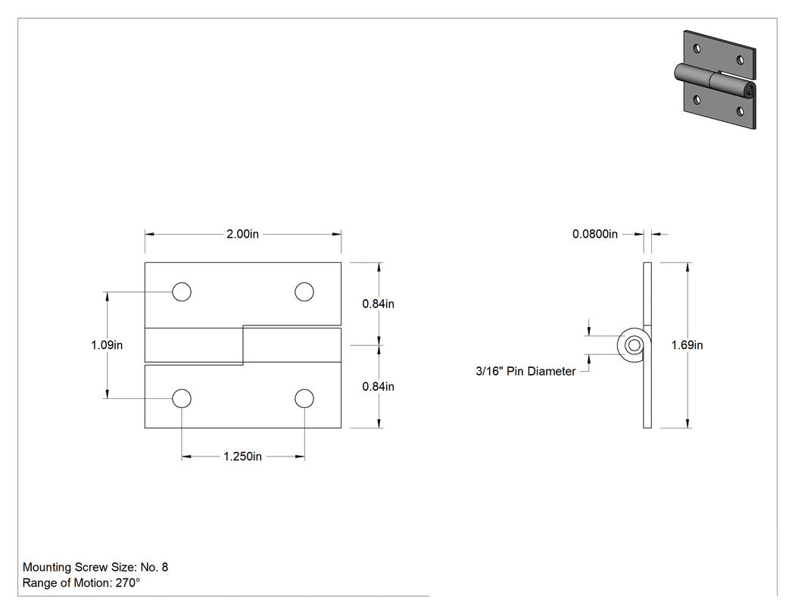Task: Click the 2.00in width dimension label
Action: coord(242,234)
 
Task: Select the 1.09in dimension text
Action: coord(107,344)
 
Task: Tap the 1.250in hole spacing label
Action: coord(243,457)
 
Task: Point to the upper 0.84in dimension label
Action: coord(378,304)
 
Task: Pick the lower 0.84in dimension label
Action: coord(378,386)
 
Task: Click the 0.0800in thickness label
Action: coord(595,234)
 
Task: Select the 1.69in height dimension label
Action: coord(687,344)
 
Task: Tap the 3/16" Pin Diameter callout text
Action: coord(525,371)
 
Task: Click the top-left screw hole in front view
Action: coord(182,292)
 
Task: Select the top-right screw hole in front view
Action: coord(304,292)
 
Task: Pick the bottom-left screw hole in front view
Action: coord(182,398)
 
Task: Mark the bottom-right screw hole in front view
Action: coord(304,398)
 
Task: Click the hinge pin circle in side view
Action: coord(634,345)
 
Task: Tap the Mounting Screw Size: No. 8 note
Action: coord(95,567)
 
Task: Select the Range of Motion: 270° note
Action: coord(81,582)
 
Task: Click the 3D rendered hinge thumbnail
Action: coord(715,79)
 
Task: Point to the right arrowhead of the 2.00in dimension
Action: coord(337,234)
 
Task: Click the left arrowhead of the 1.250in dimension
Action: coord(186,457)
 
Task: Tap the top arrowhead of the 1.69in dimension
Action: coord(687,267)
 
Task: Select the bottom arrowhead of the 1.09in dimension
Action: coord(107,394)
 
